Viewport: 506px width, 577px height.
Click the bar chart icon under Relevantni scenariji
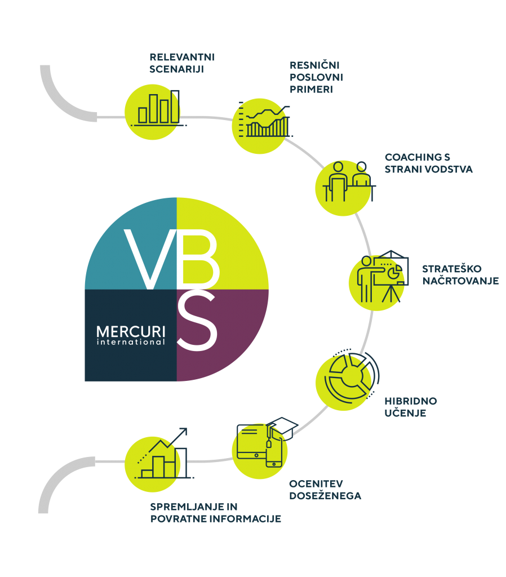point(158,108)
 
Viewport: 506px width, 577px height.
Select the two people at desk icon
point(349,181)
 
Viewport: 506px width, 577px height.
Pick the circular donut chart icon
point(352,375)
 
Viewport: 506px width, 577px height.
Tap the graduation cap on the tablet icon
point(282,427)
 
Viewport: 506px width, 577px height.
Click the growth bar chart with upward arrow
point(164,454)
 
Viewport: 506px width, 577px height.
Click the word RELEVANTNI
point(182,57)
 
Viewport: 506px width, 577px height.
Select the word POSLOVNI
point(316,77)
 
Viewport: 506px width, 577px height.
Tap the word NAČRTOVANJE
point(460,281)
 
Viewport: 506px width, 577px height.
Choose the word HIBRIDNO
point(411,401)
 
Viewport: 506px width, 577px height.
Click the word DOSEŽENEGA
point(325,496)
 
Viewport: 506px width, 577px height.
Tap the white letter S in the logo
point(197,319)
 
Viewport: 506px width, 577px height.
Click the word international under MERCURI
point(131,342)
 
